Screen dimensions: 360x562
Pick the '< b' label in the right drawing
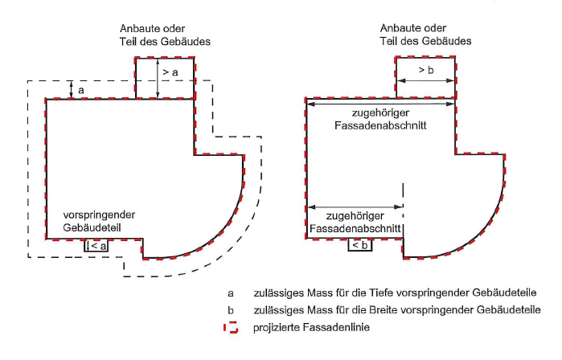[360, 246]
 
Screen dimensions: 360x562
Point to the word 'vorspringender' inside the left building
[98, 215]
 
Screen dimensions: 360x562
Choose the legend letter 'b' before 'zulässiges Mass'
[231, 309]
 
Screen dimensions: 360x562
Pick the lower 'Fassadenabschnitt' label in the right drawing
[355, 229]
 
